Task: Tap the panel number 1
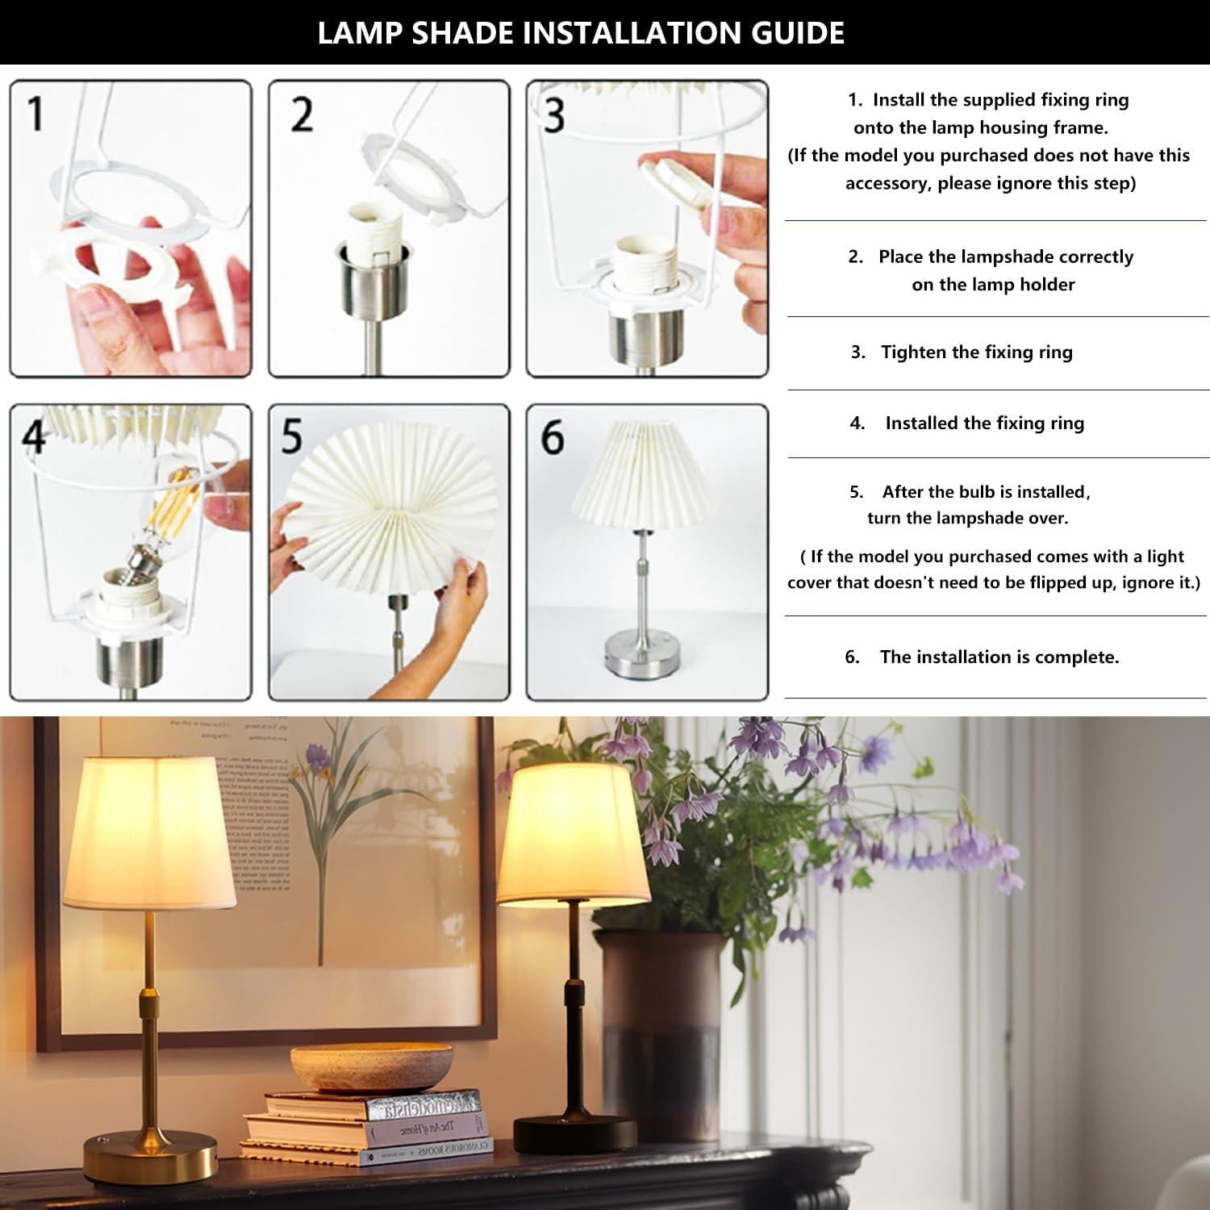35,113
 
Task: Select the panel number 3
553,115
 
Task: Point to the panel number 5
291,436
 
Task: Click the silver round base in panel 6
641,649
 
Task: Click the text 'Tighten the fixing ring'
976,352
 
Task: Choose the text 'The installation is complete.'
999,657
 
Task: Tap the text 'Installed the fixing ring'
984,423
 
